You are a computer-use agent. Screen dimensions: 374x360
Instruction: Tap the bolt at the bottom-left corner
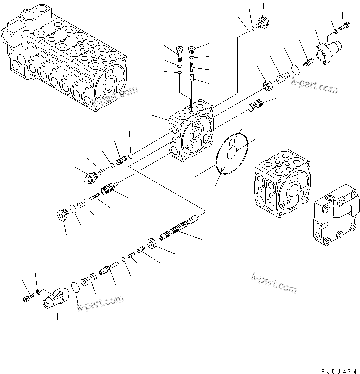point(27,299)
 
